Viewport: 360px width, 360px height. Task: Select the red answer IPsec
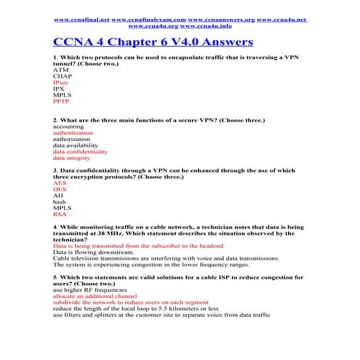pyautogui.click(x=63, y=82)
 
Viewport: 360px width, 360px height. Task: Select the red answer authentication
pyautogui.click(x=73, y=133)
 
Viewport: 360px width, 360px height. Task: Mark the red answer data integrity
pyautogui.click(x=71, y=158)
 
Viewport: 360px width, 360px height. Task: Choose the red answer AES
pyautogui.click(x=60, y=183)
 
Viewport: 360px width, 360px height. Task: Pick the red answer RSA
pyautogui.click(x=60, y=215)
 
